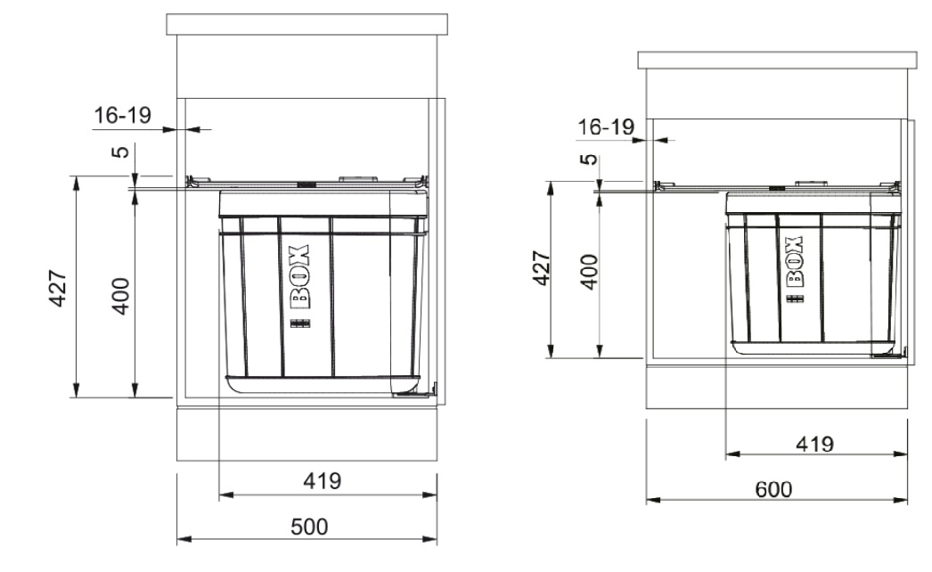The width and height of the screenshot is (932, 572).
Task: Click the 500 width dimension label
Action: point(309,527)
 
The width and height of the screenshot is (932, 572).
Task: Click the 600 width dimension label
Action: point(773,489)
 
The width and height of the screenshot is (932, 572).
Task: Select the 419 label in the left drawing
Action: point(323,480)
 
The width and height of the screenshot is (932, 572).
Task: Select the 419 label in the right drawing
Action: point(814,444)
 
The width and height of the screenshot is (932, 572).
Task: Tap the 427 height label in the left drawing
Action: point(58,289)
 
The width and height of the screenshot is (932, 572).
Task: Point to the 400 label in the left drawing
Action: point(120,296)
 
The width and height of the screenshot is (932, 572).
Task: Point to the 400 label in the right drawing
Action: point(588,272)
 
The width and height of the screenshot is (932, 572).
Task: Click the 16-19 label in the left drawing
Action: point(122,115)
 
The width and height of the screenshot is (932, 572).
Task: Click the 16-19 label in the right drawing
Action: point(606,127)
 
